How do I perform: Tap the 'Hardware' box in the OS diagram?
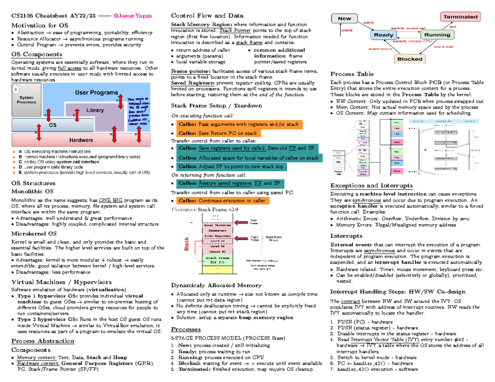click(x=80, y=141)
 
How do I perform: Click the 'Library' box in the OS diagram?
click(x=95, y=111)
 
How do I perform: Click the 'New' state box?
click(x=344, y=19)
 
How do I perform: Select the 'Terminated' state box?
click(x=460, y=17)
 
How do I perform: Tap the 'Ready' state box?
click(x=384, y=35)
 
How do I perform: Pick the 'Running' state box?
click(x=437, y=35)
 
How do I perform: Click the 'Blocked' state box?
click(x=410, y=59)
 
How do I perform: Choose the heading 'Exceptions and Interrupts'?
click(x=372, y=185)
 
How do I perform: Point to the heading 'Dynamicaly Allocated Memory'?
click(x=216, y=285)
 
